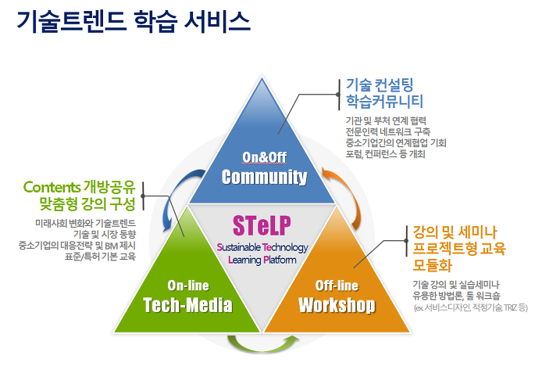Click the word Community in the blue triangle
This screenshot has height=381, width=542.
point(264,177)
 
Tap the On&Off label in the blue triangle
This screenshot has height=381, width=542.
point(265,157)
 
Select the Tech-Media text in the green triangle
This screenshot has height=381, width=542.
point(188,305)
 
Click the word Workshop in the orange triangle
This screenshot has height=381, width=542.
point(337,305)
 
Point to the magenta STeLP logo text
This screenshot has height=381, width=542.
point(262,225)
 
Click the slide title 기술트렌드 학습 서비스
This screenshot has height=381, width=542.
point(134,21)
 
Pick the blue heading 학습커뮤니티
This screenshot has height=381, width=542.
point(385,101)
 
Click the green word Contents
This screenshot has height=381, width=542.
point(52,187)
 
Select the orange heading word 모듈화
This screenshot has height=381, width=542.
point(433,265)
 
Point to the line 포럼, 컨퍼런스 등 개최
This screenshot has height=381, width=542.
point(386,154)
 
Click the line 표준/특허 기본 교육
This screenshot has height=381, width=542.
point(100,257)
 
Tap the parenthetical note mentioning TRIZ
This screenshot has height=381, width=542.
point(471,307)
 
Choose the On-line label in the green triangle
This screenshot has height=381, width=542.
point(188,286)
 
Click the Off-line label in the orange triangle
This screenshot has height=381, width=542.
point(337,286)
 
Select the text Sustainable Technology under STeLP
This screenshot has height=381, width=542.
point(262,247)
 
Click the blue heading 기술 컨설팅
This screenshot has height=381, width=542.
point(380,84)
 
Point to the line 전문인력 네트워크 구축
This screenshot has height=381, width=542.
point(388,131)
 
